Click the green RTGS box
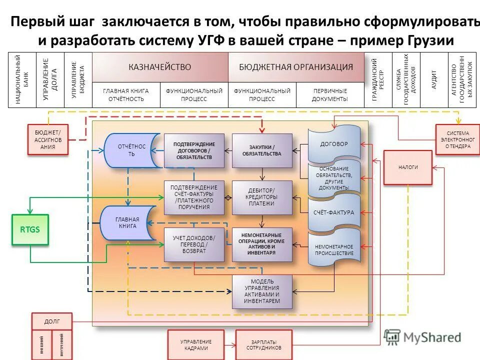(x=30, y=229)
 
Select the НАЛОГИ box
(x=408, y=167)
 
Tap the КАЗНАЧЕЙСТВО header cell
(x=160, y=67)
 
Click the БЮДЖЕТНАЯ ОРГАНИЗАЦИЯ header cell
(x=296, y=67)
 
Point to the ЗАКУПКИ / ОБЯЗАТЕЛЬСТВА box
(x=262, y=150)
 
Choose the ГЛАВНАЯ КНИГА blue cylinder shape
(x=127, y=223)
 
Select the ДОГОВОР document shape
(x=334, y=144)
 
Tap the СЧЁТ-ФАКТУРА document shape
(x=334, y=212)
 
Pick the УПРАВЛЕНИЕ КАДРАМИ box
(x=196, y=344)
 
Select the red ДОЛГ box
(x=52, y=321)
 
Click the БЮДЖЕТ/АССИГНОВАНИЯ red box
(x=48, y=140)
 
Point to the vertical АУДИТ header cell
(x=434, y=80)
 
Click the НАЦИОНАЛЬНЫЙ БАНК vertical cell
(x=22, y=80)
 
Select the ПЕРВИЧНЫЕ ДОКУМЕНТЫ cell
(x=330, y=95)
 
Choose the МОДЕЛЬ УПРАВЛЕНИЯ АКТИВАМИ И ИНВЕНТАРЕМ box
(x=262, y=292)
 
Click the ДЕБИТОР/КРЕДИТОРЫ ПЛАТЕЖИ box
(x=262, y=197)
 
